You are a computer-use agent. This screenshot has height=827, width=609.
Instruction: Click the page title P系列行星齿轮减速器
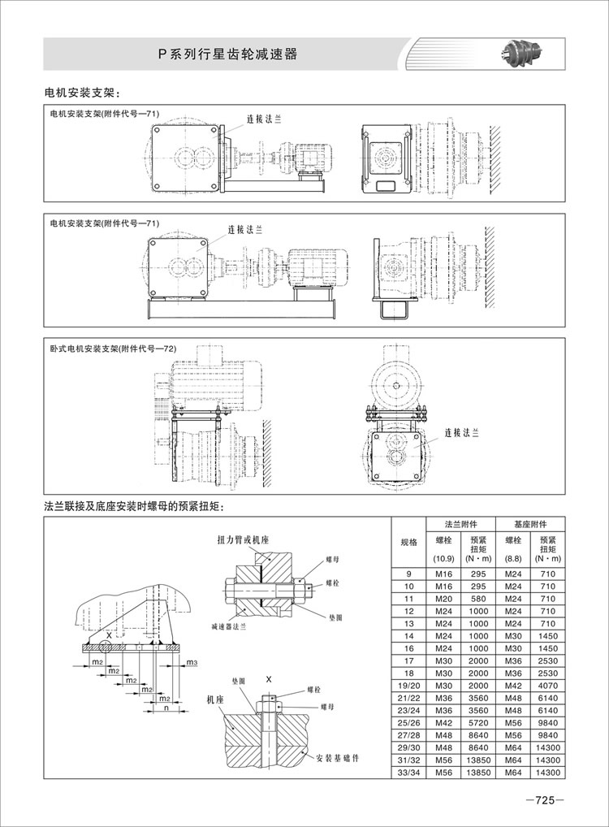(x=227, y=54)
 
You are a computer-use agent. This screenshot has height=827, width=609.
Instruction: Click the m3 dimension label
(x=192, y=664)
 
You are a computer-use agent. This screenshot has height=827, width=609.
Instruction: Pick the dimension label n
(x=166, y=709)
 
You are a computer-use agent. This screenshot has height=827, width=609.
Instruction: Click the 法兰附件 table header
(x=460, y=524)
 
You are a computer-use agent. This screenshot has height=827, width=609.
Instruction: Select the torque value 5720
(x=477, y=722)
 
